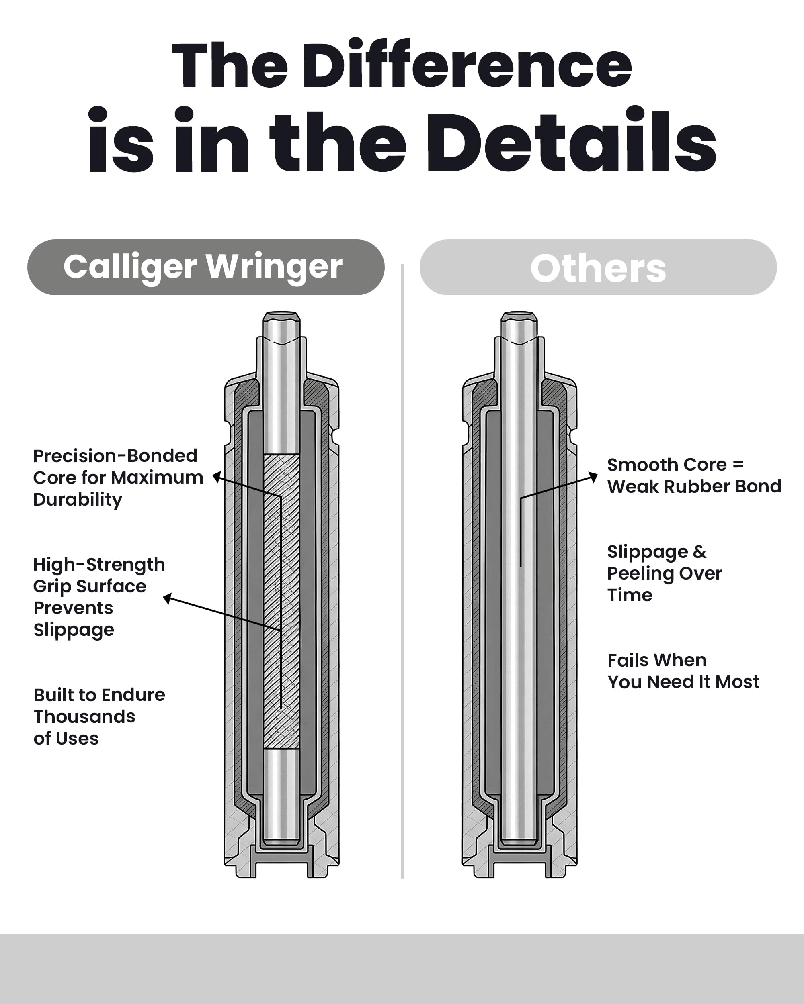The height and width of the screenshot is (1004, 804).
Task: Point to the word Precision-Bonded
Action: (x=115, y=455)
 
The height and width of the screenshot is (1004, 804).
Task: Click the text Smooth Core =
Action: (x=675, y=465)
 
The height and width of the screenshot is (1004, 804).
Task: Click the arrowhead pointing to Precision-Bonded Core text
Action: (x=216, y=477)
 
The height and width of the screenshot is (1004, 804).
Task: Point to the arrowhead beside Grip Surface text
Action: (x=167, y=598)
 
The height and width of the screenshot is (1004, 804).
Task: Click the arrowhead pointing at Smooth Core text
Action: (x=593, y=476)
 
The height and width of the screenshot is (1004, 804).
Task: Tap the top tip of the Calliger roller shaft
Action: (x=281, y=313)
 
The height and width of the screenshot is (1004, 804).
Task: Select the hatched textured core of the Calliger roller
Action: (x=281, y=602)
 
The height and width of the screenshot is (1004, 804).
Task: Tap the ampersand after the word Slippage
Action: (x=699, y=551)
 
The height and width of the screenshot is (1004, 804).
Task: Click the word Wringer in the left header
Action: (x=274, y=267)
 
